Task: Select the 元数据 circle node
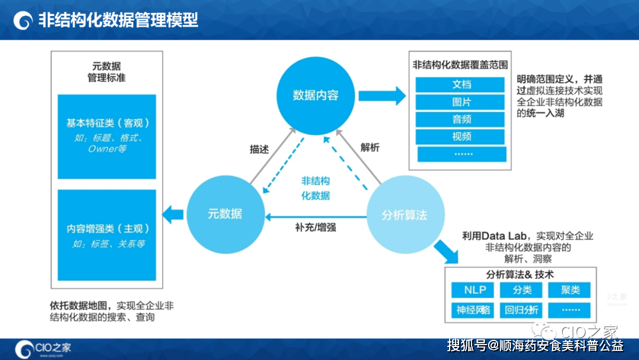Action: tap(225, 214)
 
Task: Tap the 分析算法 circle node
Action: tap(404, 214)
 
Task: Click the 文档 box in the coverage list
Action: tap(461, 85)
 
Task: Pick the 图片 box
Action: tap(461, 102)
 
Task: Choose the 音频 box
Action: tap(461, 119)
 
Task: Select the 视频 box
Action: tap(461, 136)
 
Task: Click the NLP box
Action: tap(475, 290)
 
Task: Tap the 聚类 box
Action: tap(571, 290)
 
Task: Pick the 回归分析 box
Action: tap(522, 310)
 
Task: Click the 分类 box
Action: tap(522, 290)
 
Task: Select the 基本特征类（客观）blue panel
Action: tap(107, 136)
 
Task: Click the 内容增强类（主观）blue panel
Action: tap(107, 234)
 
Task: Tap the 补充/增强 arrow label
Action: tap(315, 226)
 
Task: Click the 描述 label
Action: tap(259, 149)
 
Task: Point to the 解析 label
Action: tap(370, 147)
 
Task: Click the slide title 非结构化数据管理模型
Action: tap(118, 20)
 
